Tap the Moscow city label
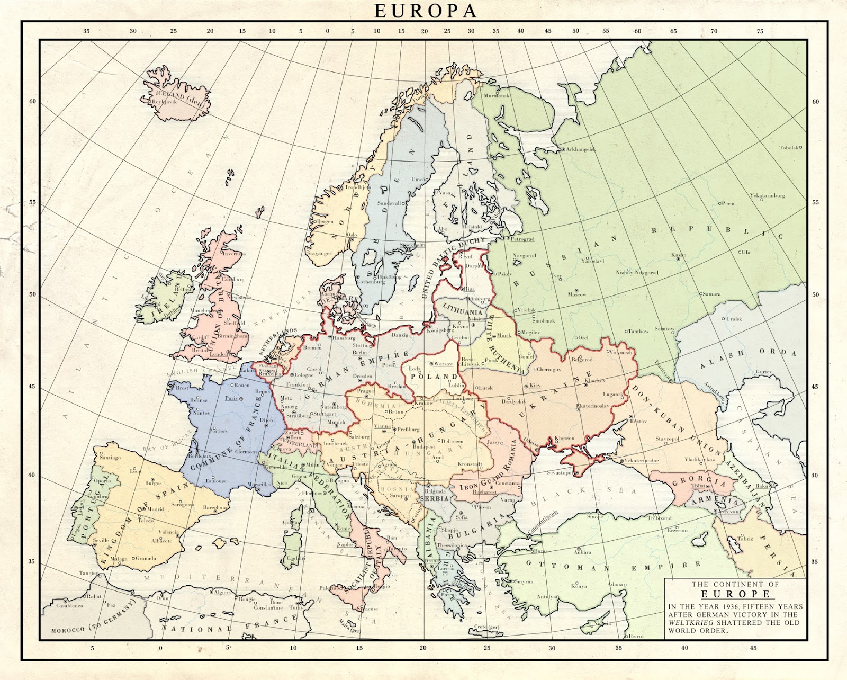[578, 294]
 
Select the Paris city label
[231, 398]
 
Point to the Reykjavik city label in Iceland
[165, 102]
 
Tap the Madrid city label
[155, 509]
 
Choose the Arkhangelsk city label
[581, 149]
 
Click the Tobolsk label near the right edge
[789, 148]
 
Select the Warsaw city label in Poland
[443, 364]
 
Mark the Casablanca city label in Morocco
[70, 605]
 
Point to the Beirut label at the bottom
[637, 636]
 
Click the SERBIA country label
[434, 499]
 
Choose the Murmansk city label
[497, 96]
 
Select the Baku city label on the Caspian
[761, 486]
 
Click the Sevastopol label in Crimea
[561, 472]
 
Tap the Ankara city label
[583, 552]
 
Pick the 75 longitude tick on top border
[760, 31]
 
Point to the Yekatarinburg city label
[767, 195]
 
